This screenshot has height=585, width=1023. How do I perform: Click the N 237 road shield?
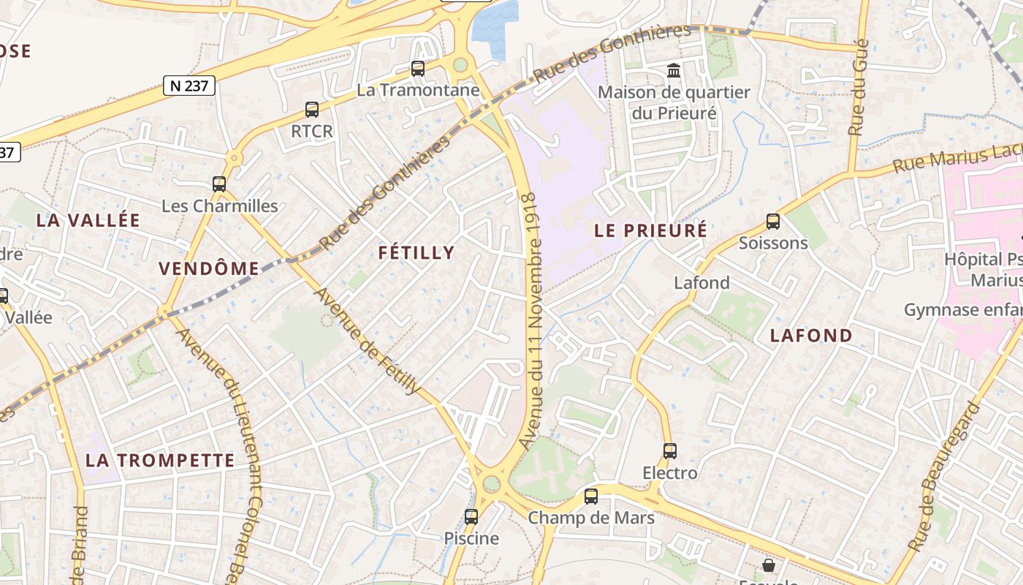coord(189,86)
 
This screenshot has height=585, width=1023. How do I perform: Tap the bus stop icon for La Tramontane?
coord(418,69)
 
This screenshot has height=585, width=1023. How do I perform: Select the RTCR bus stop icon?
coord(312,110)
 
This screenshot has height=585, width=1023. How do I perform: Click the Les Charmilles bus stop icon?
coord(219,184)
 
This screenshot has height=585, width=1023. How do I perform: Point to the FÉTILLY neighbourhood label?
coord(417,253)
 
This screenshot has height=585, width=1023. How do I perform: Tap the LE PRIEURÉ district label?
coord(650,230)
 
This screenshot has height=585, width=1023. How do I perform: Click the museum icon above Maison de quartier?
coord(674,71)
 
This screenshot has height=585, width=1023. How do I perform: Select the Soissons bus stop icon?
coord(773,222)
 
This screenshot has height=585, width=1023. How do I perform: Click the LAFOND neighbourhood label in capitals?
coord(812,336)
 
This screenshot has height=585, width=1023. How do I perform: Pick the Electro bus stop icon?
coord(670,451)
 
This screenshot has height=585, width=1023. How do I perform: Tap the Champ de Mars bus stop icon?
coord(591,497)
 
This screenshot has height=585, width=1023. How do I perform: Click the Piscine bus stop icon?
coord(471,517)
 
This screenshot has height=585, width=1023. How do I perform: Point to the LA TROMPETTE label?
coord(160,461)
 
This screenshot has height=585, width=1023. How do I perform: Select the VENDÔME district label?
coord(209,268)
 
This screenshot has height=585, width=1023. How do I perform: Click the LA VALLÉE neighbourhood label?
coord(88,220)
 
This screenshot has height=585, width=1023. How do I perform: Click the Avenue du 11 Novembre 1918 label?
coord(531,322)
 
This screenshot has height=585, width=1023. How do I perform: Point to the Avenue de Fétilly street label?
coord(367,341)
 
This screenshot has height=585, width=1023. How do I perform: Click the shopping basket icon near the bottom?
coord(769,565)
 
